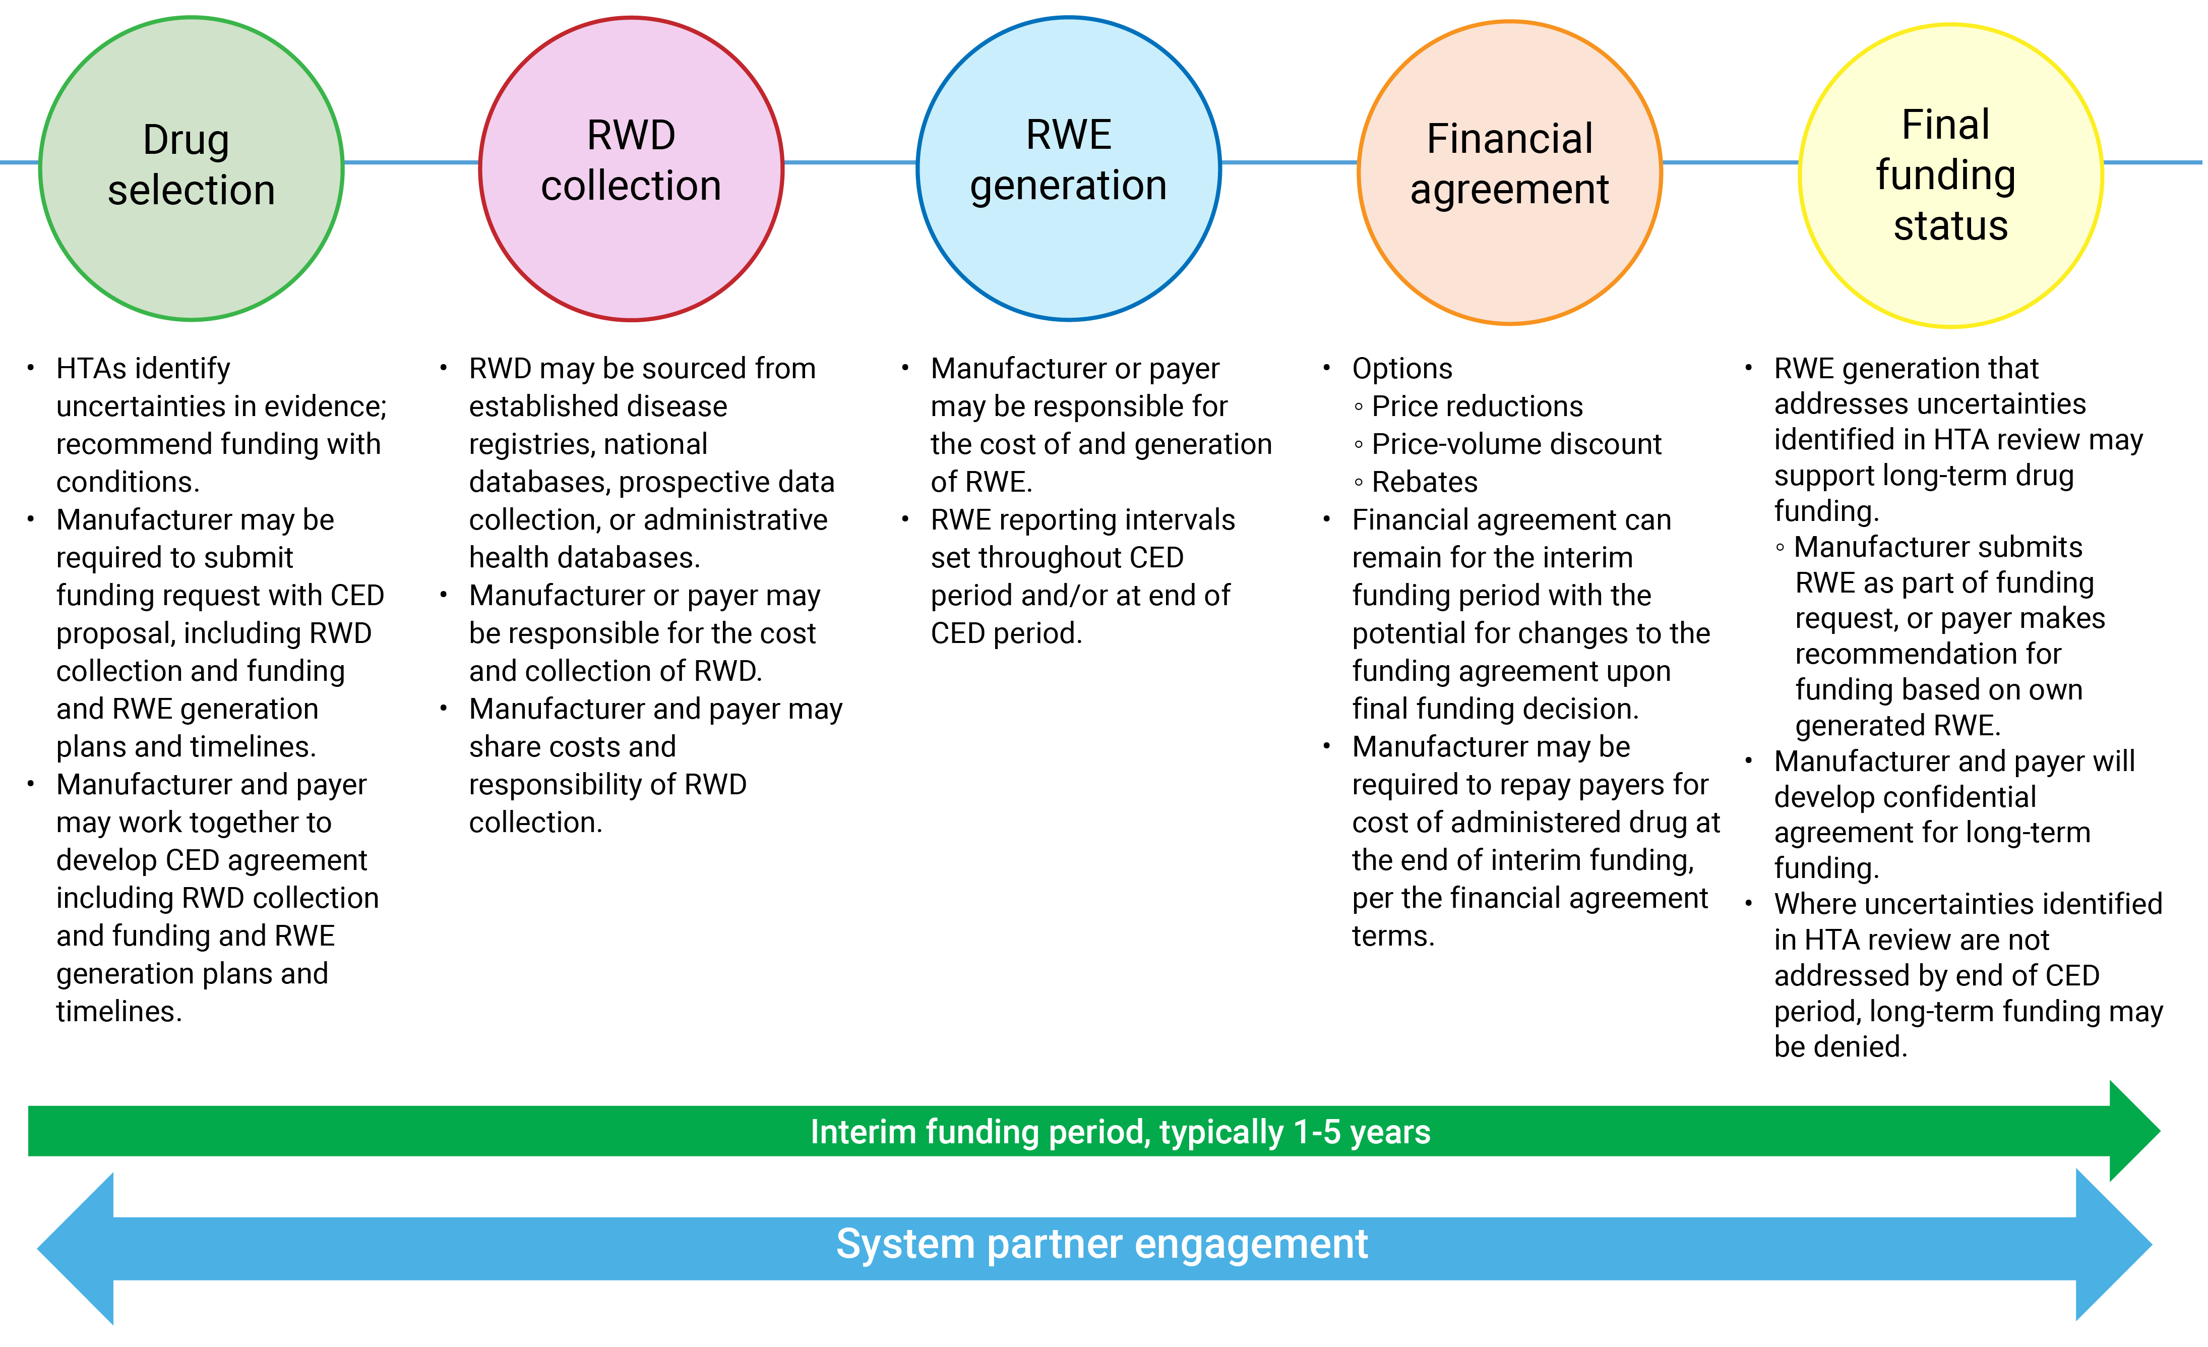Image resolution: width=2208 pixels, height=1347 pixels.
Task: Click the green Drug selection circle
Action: click(x=191, y=168)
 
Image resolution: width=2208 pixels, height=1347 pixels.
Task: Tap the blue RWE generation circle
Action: click(x=1068, y=168)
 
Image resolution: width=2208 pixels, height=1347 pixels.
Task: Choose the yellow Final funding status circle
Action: click(x=1950, y=175)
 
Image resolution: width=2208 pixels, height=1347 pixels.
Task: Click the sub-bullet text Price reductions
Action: click(x=1477, y=407)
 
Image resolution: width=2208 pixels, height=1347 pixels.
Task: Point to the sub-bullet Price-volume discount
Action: click(x=1516, y=444)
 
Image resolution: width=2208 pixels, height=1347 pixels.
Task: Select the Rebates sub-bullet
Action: click(x=1424, y=482)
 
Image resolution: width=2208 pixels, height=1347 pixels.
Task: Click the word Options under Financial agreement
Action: click(x=1401, y=368)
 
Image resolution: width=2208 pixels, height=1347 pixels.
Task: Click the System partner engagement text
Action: click(x=1101, y=1244)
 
